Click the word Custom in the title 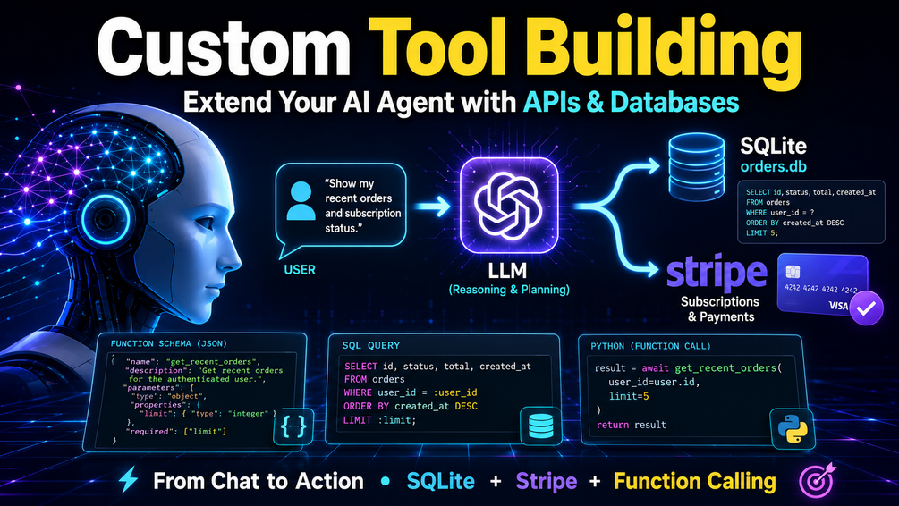click(x=224, y=48)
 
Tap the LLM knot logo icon click(x=508, y=206)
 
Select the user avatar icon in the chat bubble click(x=301, y=201)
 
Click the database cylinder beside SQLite click(x=697, y=166)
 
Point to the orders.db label click(x=774, y=167)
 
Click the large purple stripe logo click(x=717, y=274)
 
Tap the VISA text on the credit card click(x=838, y=306)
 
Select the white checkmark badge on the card click(x=866, y=308)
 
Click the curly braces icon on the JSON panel click(x=293, y=426)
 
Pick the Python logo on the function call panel click(x=793, y=429)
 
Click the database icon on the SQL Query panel click(x=540, y=426)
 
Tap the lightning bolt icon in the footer click(x=128, y=480)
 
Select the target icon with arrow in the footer click(x=817, y=480)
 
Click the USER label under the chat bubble click(x=300, y=269)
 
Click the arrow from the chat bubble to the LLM click(x=433, y=207)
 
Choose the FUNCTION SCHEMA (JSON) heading click(x=168, y=344)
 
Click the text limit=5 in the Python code click(x=629, y=396)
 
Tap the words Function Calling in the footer click(x=695, y=481)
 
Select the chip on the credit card click(x=793, y=271)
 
